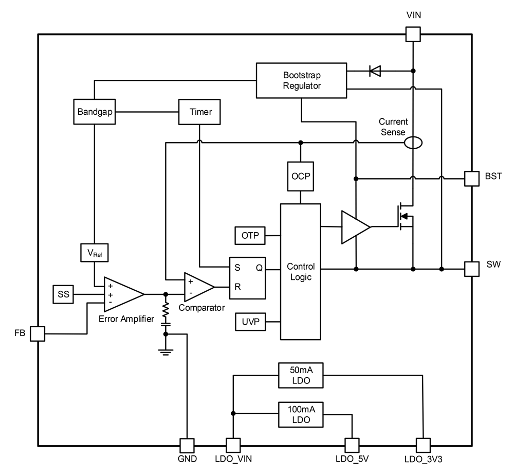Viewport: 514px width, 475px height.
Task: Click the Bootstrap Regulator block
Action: coord(301,80)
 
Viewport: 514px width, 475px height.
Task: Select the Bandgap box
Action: coord(95,112)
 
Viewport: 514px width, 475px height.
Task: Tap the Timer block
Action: coord(199,112)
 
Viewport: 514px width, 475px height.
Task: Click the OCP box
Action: coord(301,177)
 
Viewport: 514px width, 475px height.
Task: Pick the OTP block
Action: coord(250,235)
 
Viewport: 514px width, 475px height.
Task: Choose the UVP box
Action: coord(250,322)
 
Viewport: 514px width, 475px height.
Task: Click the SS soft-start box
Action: coord(63,294)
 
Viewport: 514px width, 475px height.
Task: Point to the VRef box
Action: coord(95,253)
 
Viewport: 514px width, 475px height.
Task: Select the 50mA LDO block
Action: coord(301,375)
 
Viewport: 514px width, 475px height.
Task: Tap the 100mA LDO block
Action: coord(301,415)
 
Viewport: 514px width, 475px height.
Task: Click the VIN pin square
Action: coord(413,34)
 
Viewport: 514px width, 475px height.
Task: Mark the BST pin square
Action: coord(472,179)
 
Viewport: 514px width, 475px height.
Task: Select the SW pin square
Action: coord(472,269)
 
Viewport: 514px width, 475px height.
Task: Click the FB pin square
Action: coord(38,333)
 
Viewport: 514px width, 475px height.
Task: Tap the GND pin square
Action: coord(187,446)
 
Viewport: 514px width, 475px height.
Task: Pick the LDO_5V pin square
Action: coord(352,446)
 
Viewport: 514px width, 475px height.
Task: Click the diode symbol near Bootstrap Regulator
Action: coord(375,71)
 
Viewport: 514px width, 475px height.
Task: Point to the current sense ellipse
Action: coord(413,143)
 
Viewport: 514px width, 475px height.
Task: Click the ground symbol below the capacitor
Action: coord(166,352)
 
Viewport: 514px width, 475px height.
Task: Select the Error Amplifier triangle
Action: coord(124,294)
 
